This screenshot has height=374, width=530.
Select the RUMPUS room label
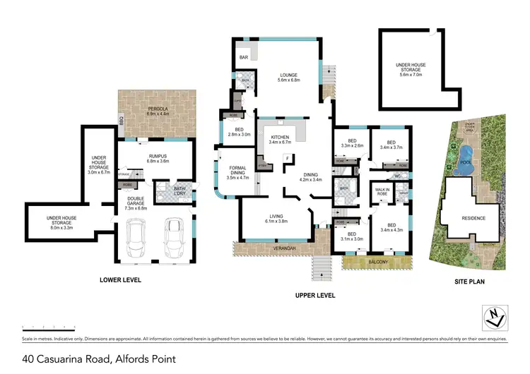click(x=157, y=157)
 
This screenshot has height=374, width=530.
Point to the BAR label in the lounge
click(x=245, y=56)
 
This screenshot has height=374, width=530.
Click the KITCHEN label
click(x=281, y=139)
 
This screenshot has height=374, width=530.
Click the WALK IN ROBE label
click(x=382, y=192)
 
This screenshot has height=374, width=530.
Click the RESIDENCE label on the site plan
click(x=473, y=218)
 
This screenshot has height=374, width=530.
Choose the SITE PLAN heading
click(x=470, y=280)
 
